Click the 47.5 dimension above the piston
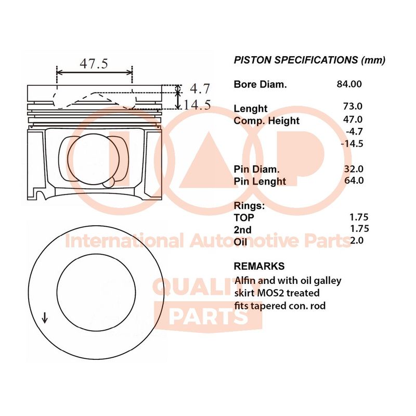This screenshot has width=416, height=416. click(94, 63)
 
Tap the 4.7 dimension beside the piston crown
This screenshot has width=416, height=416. click(200, 88)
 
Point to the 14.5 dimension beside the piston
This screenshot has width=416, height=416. click(197, 105)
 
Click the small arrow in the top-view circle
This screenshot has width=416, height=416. click(45, 318)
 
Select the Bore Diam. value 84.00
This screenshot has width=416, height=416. click(349, 84)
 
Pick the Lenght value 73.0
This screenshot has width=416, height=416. click(353, 106)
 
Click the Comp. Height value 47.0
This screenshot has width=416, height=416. click(353, 120)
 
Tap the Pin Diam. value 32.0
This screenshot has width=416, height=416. click(354, 168)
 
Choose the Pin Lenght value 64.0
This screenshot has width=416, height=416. click(354, 180)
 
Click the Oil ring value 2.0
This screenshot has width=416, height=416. click(357, 240)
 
